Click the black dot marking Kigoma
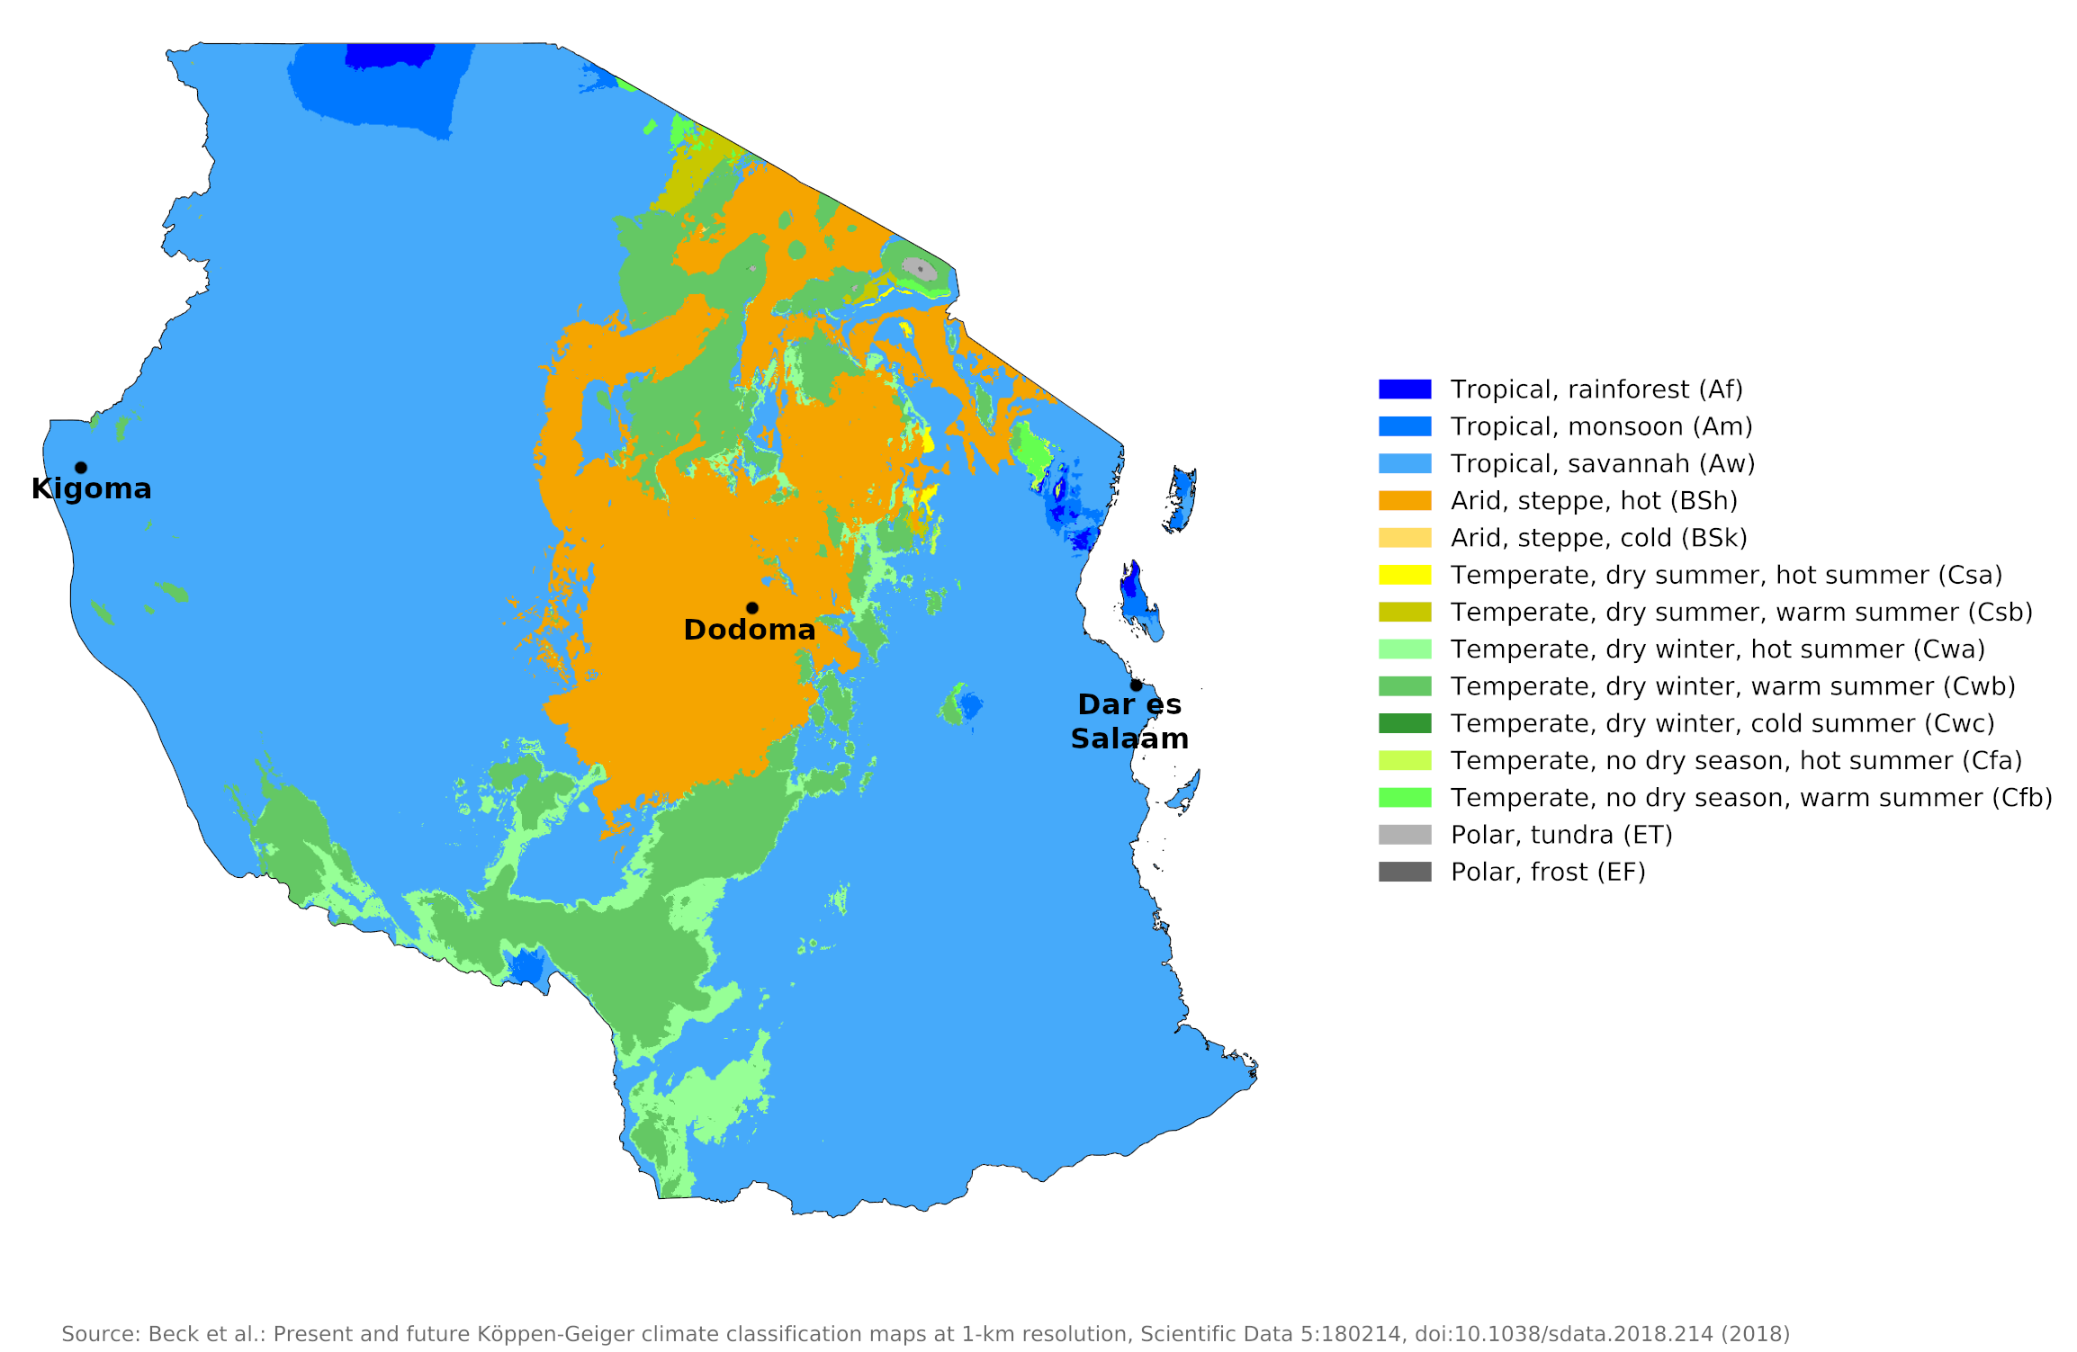click(x=81, y=468)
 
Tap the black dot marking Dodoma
click(x=752, y=608)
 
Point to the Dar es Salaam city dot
click(x=1137, y=685)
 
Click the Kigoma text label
click(x=91, y=489)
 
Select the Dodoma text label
click(x=750, y=630)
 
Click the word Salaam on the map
click(x=1129, y=739)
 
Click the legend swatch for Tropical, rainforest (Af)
click(x=1404, y=389)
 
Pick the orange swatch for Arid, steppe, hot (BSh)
click(x=1404, y=501)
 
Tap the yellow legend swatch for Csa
click(x=1404, y=575)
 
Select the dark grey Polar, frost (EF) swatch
click(x=1404, y=872)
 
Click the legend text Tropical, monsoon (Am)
click(x=1601, y=426)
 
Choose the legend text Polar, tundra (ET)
click(x=1561, y=835)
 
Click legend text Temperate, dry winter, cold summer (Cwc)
click(x=1722, y=723)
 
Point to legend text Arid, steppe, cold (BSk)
click(x=1598, y=538)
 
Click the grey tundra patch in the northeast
click(x=918, y=268)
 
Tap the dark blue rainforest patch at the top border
click(x=389, y=55)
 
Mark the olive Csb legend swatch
click(x=1404, y=612)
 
